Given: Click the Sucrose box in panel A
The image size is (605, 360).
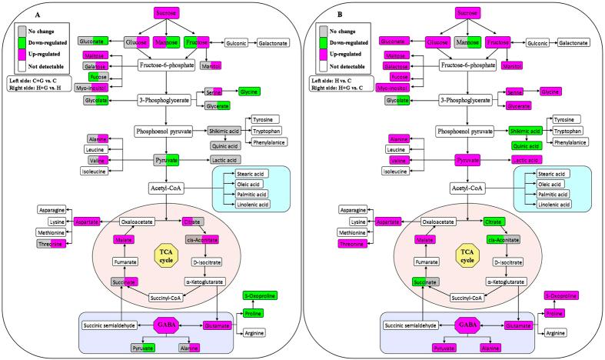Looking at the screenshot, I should [167, 13].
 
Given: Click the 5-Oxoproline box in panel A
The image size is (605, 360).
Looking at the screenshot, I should [258, 295].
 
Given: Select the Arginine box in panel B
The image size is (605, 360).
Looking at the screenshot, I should [559, 332].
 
